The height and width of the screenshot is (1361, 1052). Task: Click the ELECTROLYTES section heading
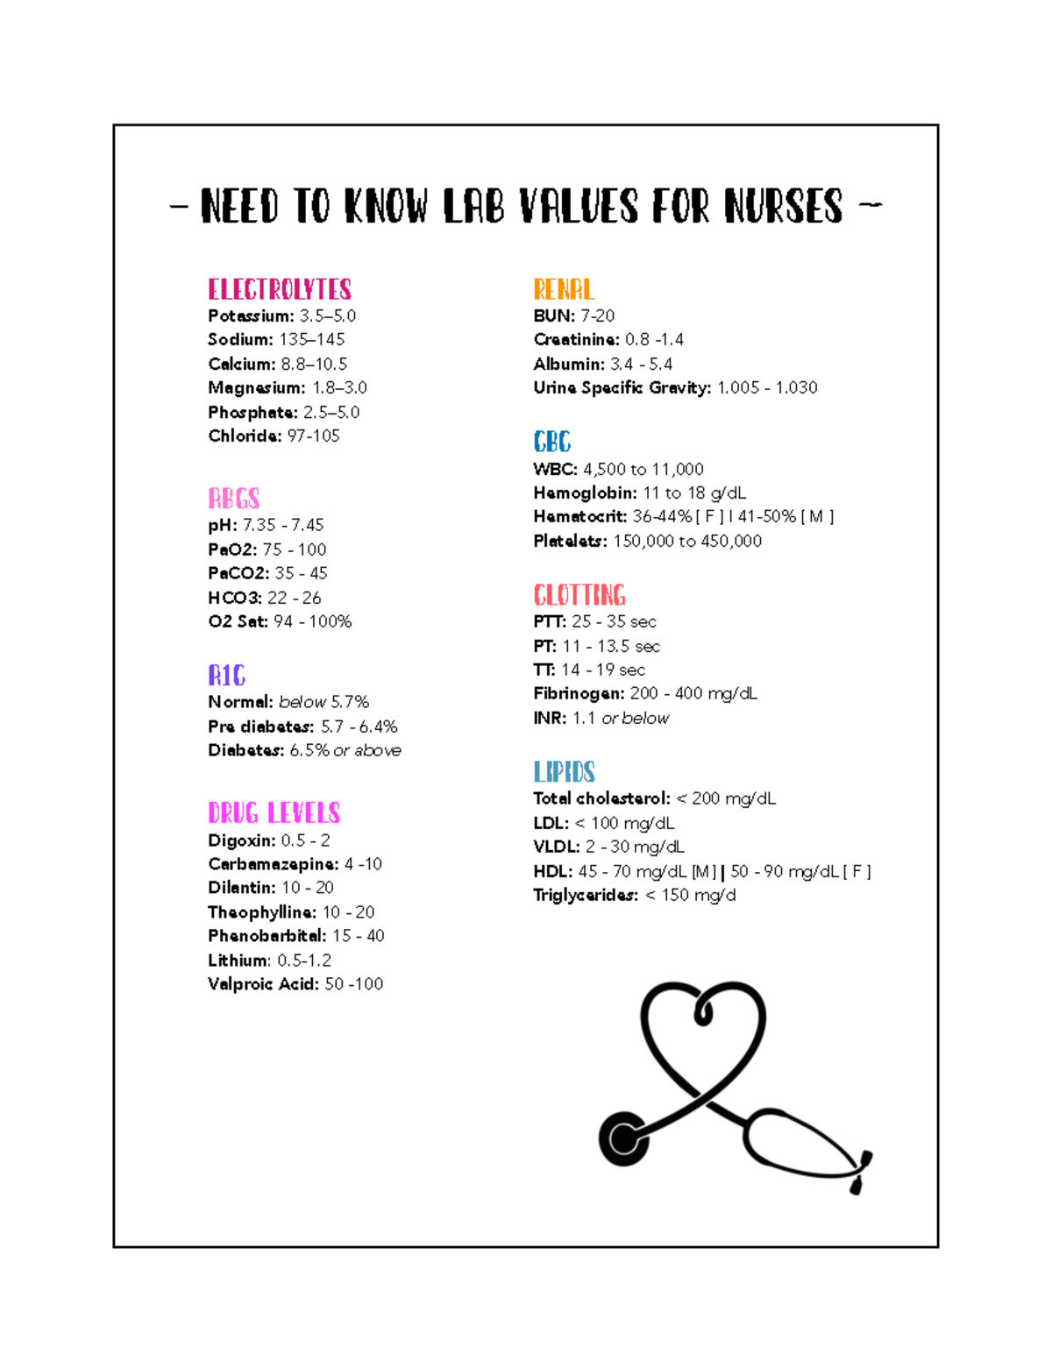click(x=280, y=289)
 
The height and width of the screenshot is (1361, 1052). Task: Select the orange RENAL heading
click(x=564, y=289)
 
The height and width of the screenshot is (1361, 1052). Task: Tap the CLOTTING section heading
click(x=579, y=595)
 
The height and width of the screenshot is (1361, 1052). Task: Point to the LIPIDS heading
click(x=564, y=771)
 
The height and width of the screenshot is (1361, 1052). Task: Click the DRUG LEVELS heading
click(x=274, y=812)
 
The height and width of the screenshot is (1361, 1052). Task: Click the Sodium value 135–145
click(x=312, y=339)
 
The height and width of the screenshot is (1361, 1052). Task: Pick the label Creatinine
click(x=576, y=339)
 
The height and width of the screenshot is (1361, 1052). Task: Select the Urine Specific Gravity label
click(x=622, y=387)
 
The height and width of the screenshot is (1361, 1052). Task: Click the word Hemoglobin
click(x=585, y=493)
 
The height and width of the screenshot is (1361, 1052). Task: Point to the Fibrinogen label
click(x=579, y=693)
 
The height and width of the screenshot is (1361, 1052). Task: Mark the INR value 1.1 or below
click(x=621, y=718)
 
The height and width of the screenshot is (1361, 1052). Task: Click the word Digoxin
click(x=241, y=840)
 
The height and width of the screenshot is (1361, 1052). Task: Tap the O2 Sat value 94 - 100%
click(x=313, y=621)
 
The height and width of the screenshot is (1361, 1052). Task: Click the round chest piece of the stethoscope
click(x=624, y=1139)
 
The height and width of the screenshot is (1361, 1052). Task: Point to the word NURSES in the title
click(x=783, y=207)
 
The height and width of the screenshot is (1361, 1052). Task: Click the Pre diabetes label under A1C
click(x=260, y=727)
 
